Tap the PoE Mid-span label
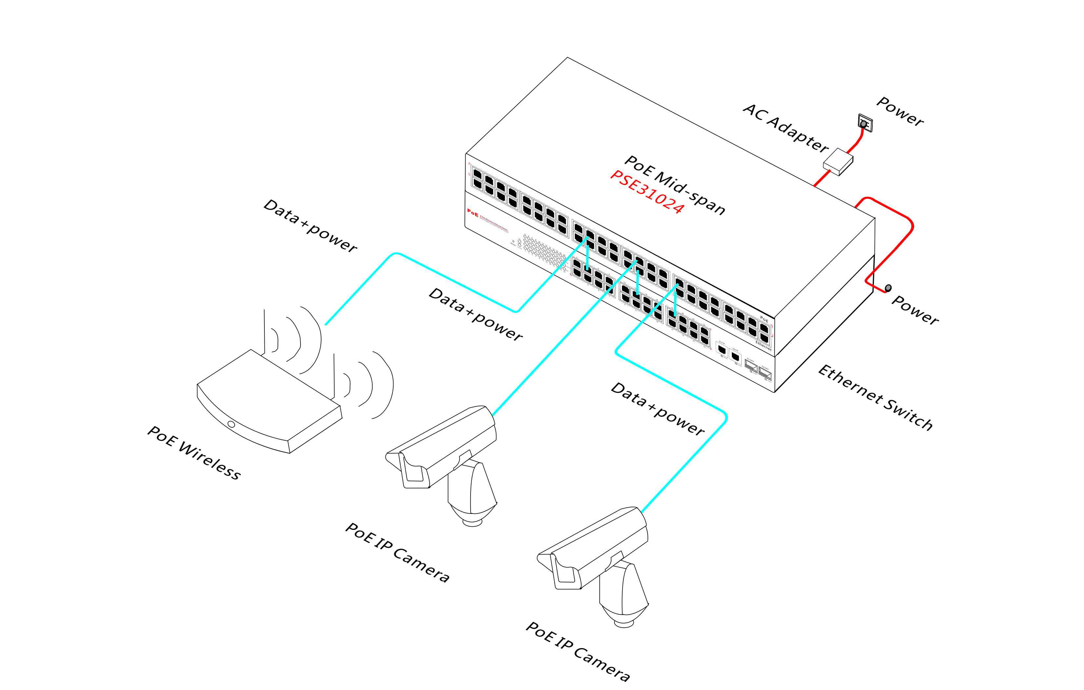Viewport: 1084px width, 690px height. tap(674, 185)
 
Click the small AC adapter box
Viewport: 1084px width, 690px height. tap(838, 161)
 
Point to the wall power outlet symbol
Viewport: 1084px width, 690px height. tap(865, 123)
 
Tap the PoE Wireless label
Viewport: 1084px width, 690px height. tap(194, 452)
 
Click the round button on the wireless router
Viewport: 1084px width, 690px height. tap(231, 424)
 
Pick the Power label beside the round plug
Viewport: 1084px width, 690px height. tap(914, 310)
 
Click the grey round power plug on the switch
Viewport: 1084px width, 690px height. tap(888, 288)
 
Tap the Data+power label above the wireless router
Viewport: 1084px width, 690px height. tap(310, 225)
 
